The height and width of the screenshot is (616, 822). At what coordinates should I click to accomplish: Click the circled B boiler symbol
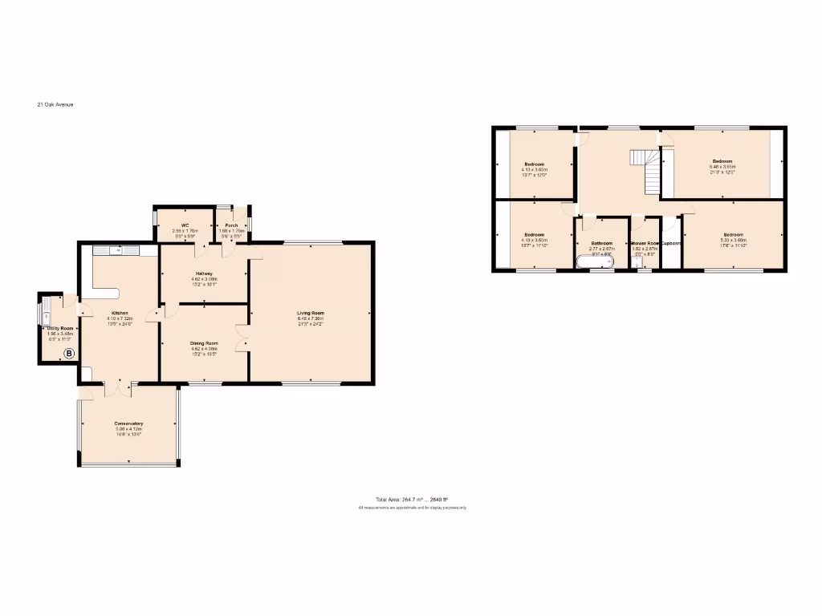coord(69,353)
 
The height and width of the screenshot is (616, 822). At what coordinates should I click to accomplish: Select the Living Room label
coord(310,313)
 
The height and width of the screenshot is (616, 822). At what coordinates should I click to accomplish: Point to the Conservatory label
coord(128,423)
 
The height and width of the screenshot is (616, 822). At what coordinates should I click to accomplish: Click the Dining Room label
coord(204,343)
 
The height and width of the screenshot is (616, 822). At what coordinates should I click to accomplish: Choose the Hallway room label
coord(203,274)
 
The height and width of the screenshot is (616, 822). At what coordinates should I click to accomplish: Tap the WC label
coord(185,225)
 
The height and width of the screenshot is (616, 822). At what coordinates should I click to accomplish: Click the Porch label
coord(231,225)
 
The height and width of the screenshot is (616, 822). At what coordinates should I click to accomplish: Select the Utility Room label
coord(60,328)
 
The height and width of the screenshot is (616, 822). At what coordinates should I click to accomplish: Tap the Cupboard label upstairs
coord(671,244)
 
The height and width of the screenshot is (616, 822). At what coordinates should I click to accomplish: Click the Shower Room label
coord(645,244)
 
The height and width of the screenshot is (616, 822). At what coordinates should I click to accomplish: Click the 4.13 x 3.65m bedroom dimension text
coord(534,170)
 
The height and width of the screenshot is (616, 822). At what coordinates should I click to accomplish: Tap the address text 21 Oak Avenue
coord(55,104)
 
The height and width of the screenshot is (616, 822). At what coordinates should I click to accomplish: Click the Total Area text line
coord(413,500)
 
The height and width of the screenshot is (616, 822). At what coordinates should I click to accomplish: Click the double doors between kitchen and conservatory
coord(119,387)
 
